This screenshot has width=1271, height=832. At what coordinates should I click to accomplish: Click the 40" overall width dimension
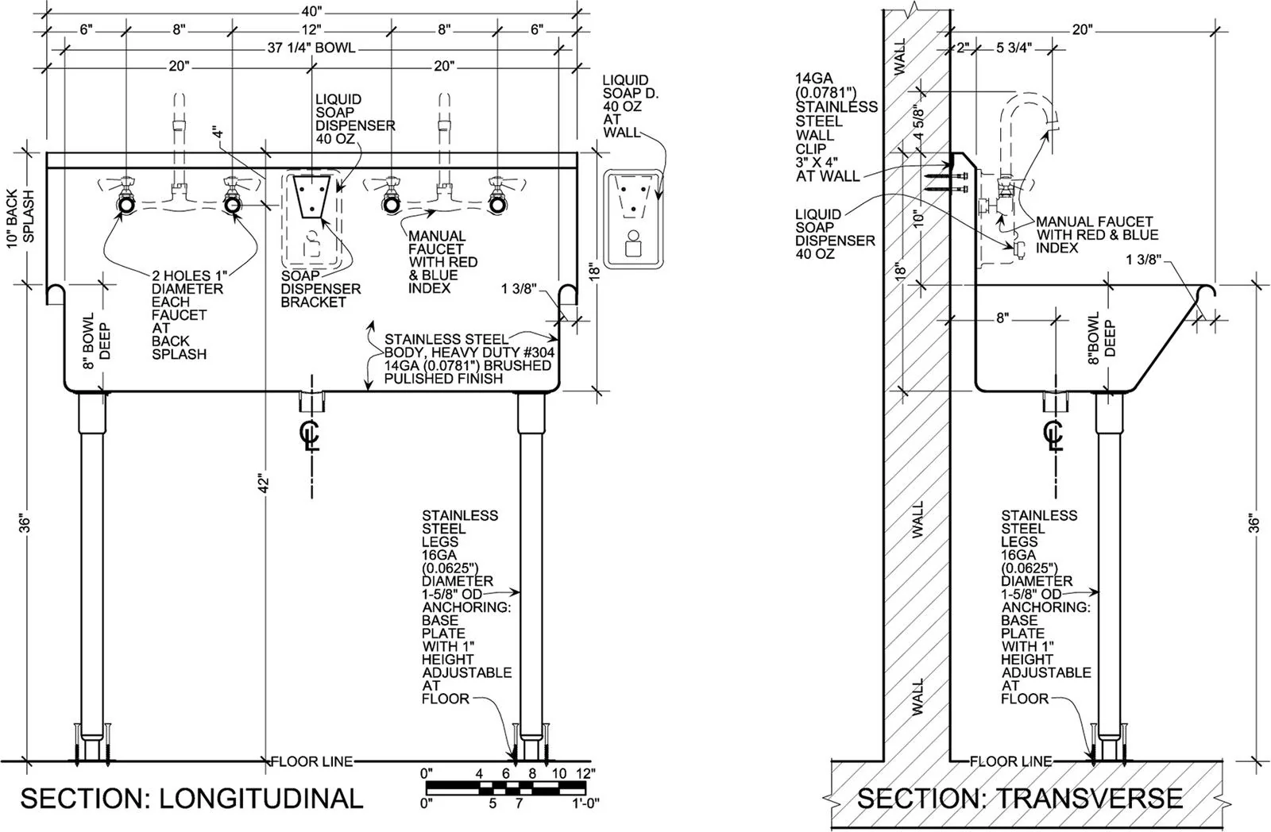tap(311, 11)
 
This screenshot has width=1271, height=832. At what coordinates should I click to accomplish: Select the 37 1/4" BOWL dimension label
tap(311, 48)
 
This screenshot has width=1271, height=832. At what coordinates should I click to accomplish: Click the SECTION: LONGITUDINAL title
tap(191, 799)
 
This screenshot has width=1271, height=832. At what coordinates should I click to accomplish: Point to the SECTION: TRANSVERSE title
tap(1020, 799)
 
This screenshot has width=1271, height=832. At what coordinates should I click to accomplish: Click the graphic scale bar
tap(505, 788)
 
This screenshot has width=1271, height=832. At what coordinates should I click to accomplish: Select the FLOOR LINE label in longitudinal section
tap(312, 761)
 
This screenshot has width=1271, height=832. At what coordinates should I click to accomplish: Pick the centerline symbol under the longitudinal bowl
tap(310, 435)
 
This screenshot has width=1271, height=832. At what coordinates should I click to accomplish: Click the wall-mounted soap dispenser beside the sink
tap(633, 218)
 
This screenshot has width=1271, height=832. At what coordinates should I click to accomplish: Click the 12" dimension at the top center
tap(311, 29)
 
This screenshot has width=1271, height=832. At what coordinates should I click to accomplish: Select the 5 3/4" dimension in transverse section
tap(1014, 48)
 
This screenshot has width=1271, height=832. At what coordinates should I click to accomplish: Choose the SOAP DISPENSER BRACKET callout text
tap(321, 289)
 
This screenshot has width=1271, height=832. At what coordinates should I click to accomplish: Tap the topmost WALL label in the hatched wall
tap(900, 56)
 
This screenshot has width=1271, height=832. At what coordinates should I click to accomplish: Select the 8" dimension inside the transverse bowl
tap(1003, 318)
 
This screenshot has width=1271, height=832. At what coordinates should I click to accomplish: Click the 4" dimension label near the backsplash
tap(218, 135)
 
